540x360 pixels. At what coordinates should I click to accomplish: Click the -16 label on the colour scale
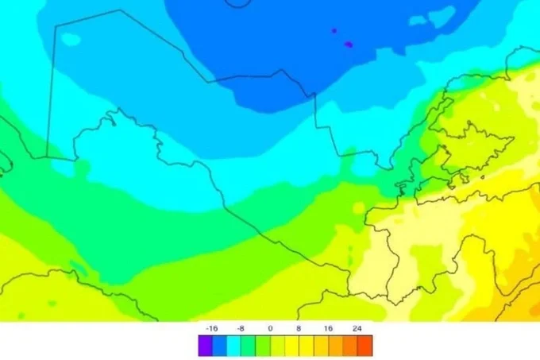212,327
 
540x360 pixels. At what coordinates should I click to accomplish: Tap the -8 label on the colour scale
241,327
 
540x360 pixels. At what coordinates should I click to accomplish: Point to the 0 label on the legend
270,327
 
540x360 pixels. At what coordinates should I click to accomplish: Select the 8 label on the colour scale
299,327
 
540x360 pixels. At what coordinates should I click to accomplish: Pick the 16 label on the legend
327,327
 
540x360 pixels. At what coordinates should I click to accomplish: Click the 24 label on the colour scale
357,327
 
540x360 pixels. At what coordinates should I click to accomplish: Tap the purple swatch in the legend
205,345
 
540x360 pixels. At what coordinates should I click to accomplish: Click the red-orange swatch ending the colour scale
364,345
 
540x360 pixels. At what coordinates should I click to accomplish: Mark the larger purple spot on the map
349,44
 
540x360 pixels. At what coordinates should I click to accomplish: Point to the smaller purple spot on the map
334,31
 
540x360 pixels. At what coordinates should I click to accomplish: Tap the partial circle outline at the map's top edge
236,3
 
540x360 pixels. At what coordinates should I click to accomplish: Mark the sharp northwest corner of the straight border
54,26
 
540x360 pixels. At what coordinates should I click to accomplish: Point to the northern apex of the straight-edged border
121,10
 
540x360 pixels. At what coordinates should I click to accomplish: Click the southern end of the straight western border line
46,156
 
